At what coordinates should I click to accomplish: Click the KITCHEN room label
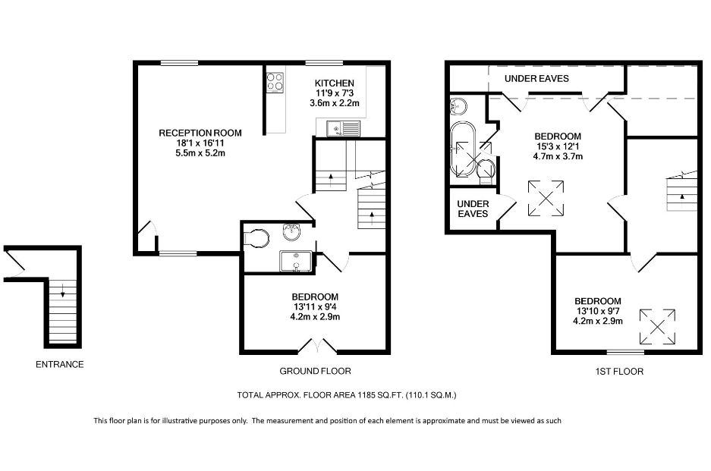click(334, 83)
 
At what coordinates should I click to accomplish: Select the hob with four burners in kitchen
click(275, 81)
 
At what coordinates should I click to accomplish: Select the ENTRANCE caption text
click(60, 365)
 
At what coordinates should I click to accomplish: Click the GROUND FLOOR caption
click(315, 372)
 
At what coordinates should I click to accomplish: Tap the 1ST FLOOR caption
click(620, 372)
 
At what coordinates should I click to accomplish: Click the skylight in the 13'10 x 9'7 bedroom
click(658, 326)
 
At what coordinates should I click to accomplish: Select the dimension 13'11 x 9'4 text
click(314, 306)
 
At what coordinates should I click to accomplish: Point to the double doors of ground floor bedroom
click(316, 347)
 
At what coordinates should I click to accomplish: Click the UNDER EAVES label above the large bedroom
click(537, 78)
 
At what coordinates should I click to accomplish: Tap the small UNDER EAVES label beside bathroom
click(473, 209)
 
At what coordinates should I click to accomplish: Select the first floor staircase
click(681, 193)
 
